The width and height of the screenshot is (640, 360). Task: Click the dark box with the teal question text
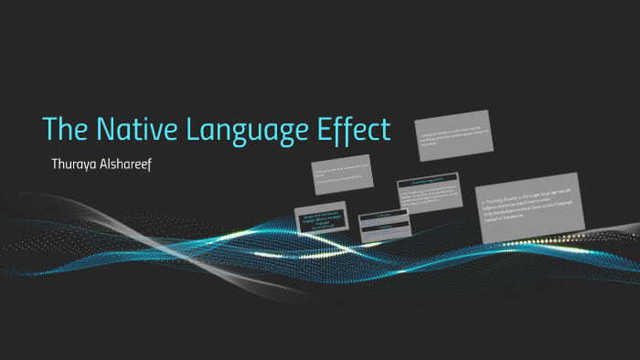[x=321, y=220]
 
